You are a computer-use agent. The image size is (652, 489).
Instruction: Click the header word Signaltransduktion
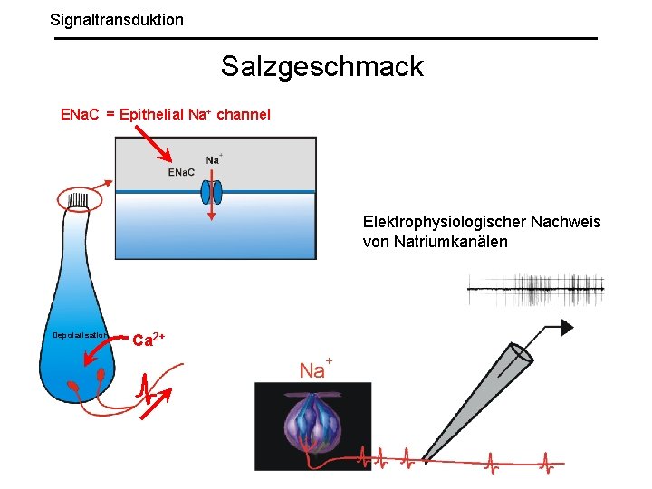coord(117,19)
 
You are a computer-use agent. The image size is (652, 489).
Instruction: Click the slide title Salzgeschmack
coord(321,66)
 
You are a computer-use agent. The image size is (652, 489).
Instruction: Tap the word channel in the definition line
coord(243,115)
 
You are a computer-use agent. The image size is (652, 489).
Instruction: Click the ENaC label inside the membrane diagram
coord(181,173)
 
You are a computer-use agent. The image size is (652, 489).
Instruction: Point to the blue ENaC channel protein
coord(210,192)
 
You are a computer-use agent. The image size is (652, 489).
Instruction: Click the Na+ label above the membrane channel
coord(214,159)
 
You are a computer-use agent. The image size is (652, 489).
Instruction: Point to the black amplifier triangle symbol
coord(568,326)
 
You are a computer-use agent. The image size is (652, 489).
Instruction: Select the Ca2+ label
coord(149,340)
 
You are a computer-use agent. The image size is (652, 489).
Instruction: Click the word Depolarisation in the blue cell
coord(80,335)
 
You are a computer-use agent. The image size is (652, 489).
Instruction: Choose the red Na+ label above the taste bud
coord(315,369)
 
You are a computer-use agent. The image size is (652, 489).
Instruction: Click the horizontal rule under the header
coord(326,38)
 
